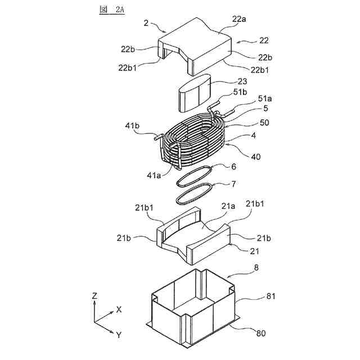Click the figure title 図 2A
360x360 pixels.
point(110,10)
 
